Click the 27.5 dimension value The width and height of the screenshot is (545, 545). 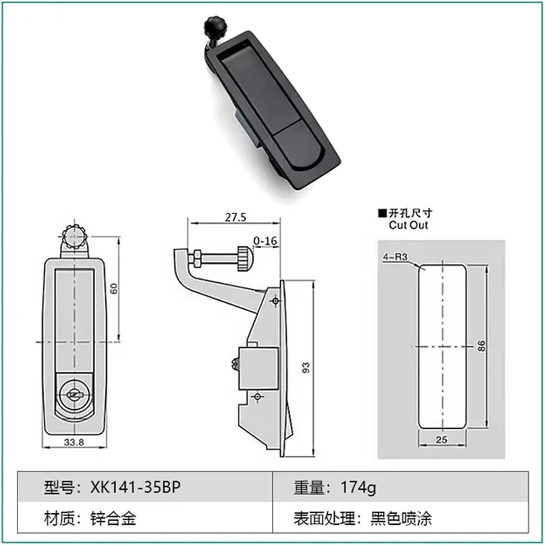235,217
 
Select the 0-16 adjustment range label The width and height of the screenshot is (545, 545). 265,241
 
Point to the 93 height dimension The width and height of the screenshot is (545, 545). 306,368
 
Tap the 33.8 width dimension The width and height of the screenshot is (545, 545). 74,442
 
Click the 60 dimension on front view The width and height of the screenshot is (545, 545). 114,289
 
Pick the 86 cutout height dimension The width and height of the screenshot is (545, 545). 481,346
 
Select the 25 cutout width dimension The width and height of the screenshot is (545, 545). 441,440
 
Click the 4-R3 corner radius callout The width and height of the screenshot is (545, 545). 395,257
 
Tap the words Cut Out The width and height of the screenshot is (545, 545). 408,225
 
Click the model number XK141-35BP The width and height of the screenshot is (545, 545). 135,487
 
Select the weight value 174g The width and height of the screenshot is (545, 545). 358,487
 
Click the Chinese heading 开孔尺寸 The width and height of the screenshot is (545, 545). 410,213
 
